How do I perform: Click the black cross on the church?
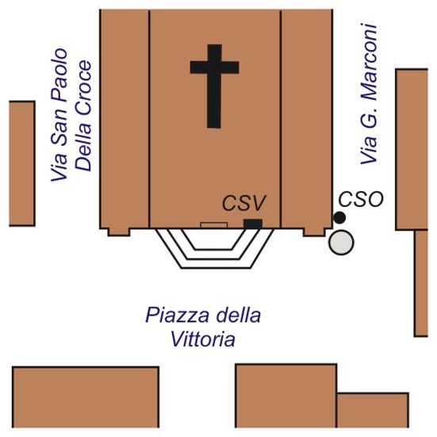click(x=214, y=86)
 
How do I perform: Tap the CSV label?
click(x=243, y=203)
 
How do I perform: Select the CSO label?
click(x=361, y=199)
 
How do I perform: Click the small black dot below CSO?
click(x=339, y=217)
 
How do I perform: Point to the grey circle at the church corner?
click(x=341, y=242)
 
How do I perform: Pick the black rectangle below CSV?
click(x=253, y=224)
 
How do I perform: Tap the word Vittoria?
click(x=202, y=339)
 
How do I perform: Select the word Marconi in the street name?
click(x=369, y=63)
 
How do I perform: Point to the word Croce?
click(x=83, y=88)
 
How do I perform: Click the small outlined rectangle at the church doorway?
click(x=214, y=225)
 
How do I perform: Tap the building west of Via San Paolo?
click(x=22, y=163)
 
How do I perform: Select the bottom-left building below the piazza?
click(x=86, y=397)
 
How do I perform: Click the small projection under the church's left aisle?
click(x=119, y=232)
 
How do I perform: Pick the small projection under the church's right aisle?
click(x=314, y=232)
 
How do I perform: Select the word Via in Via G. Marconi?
click(x=369, y=151)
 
